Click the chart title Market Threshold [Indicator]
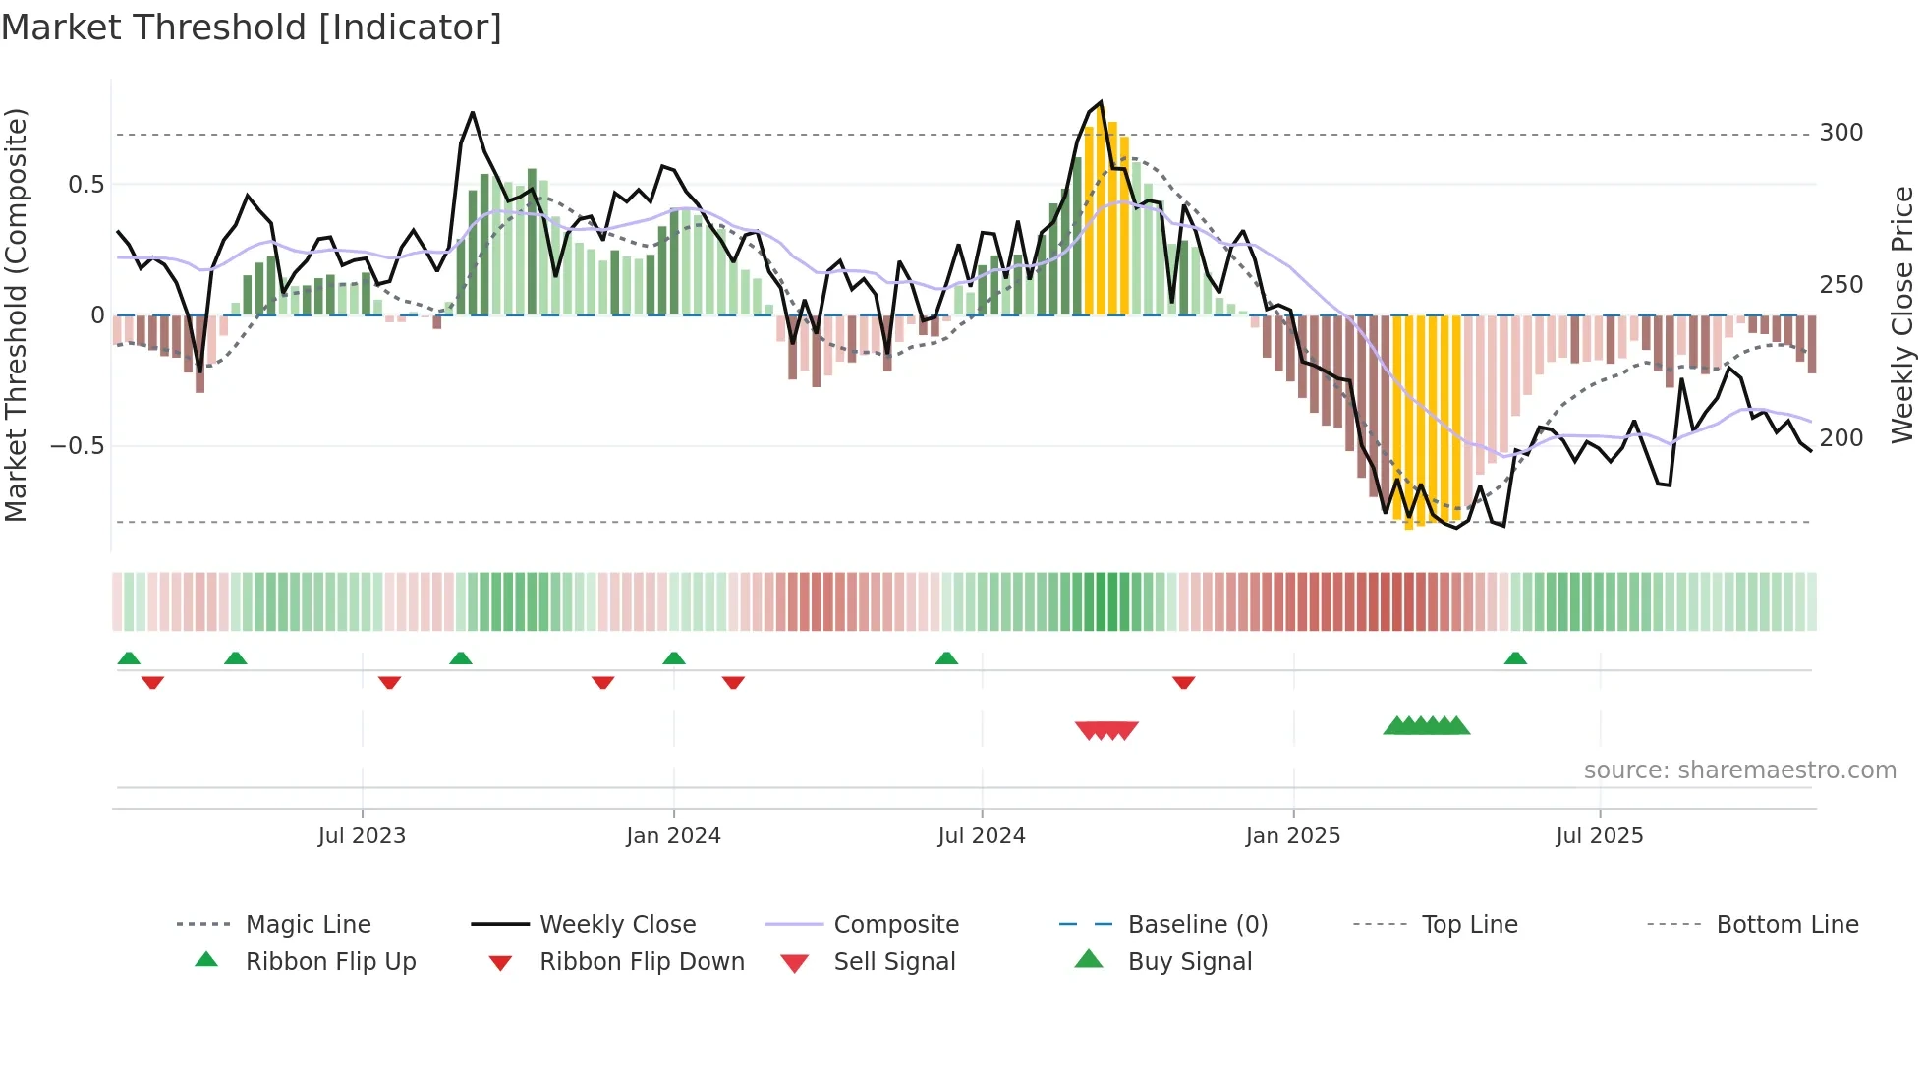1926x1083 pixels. click(252, 28)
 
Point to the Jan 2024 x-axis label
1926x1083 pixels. click(673, 836)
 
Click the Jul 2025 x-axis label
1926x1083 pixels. click(1599, 836)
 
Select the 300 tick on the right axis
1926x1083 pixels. click(1841, 133)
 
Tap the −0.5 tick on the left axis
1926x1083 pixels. click(77, 446)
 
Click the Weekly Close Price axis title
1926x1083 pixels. click(1902, 314)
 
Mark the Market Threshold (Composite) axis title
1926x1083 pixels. click(16, 314)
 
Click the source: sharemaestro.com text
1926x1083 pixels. click(1739, 770)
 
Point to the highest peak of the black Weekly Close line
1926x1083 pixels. click(1101, 102)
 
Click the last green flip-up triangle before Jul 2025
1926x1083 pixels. click(1515, 658)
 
